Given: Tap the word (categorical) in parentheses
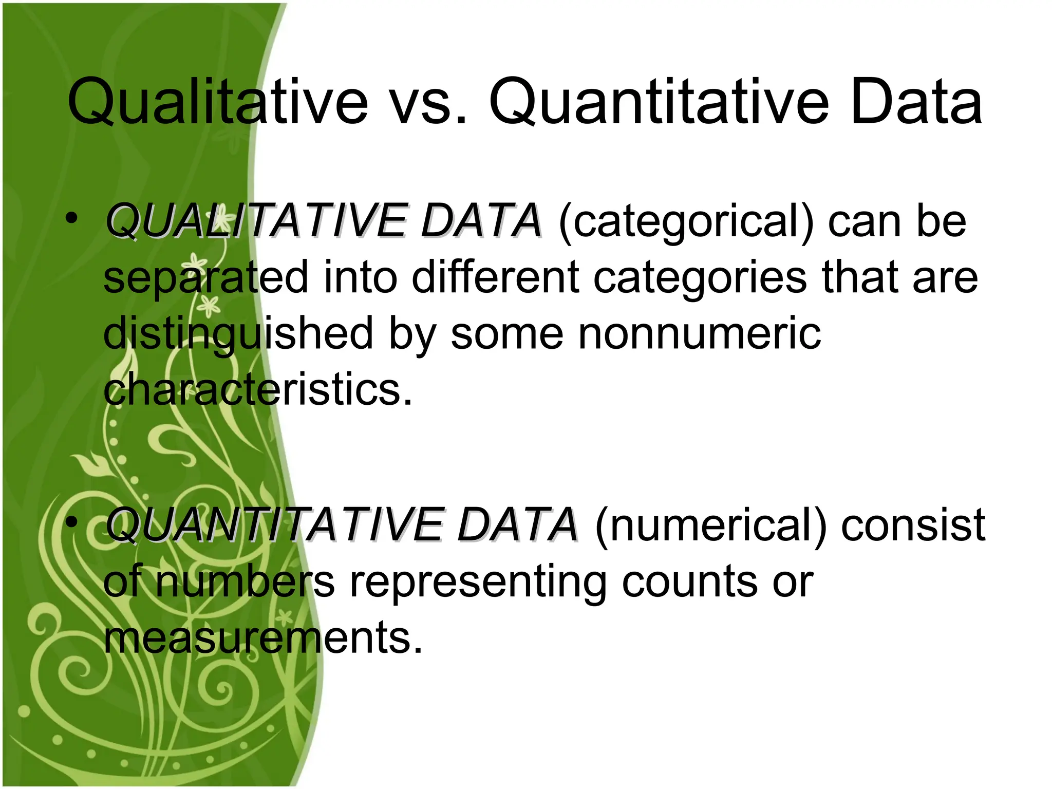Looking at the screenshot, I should click(x=686, y=222).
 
